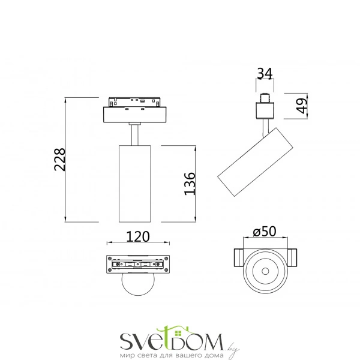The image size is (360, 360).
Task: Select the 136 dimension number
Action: [189, 183]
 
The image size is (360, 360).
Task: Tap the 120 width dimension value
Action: [137, 236]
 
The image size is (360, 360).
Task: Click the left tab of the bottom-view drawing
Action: [238, 258]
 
